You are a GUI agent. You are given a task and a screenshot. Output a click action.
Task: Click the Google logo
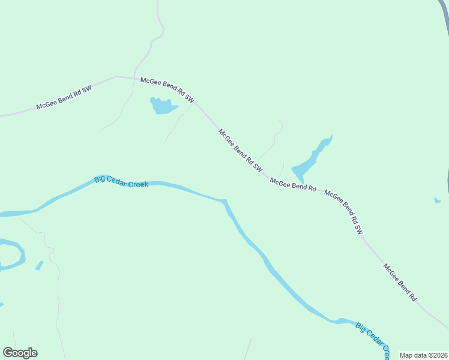pyautogui.click(x=20, y=353)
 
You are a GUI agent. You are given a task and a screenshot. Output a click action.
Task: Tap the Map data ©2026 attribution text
pyautogui.click(x=423, y=355)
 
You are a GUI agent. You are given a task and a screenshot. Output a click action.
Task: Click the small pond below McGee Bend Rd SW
pyautogui.click(x=162, y=107)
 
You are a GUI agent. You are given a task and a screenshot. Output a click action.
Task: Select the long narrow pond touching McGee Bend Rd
pyautogui.click(x=311, y=160)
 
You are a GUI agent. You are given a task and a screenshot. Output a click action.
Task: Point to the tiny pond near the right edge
pyautogui.click(x=438, y=200)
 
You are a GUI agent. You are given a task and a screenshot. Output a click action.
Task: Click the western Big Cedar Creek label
pyautogui.click(x=121, y=182)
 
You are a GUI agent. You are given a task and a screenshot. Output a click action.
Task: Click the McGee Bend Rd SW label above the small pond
pyautogui.click(x=167, y=88)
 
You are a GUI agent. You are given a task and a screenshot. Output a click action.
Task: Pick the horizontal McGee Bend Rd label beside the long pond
pyautogui.click(x=293, y=184)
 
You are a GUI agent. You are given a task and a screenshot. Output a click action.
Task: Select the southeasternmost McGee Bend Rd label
pyautogui.click(x=400, y=283)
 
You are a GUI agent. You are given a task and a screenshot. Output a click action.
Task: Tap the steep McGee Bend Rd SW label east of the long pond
pyautogui.click(x=344, y=211)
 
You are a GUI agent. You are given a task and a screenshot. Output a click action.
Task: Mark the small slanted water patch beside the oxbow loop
pyautogui.click(x=39, y=265)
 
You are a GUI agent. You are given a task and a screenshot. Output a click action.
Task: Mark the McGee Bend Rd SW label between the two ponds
pyautogui.click(x=240, y=151)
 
